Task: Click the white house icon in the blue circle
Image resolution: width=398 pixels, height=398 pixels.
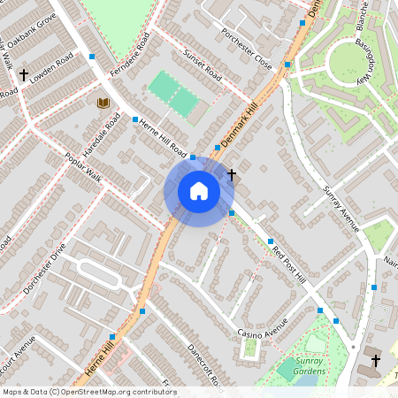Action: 199,190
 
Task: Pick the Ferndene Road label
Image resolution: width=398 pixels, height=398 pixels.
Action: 119,61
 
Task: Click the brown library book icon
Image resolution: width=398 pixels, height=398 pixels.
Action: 103,103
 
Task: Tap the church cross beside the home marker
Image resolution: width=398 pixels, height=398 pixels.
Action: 232,174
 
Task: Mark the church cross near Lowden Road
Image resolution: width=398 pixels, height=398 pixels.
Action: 24,75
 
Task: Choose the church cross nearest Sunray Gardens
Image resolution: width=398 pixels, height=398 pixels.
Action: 376,360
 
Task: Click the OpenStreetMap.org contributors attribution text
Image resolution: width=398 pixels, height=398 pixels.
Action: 119,391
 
